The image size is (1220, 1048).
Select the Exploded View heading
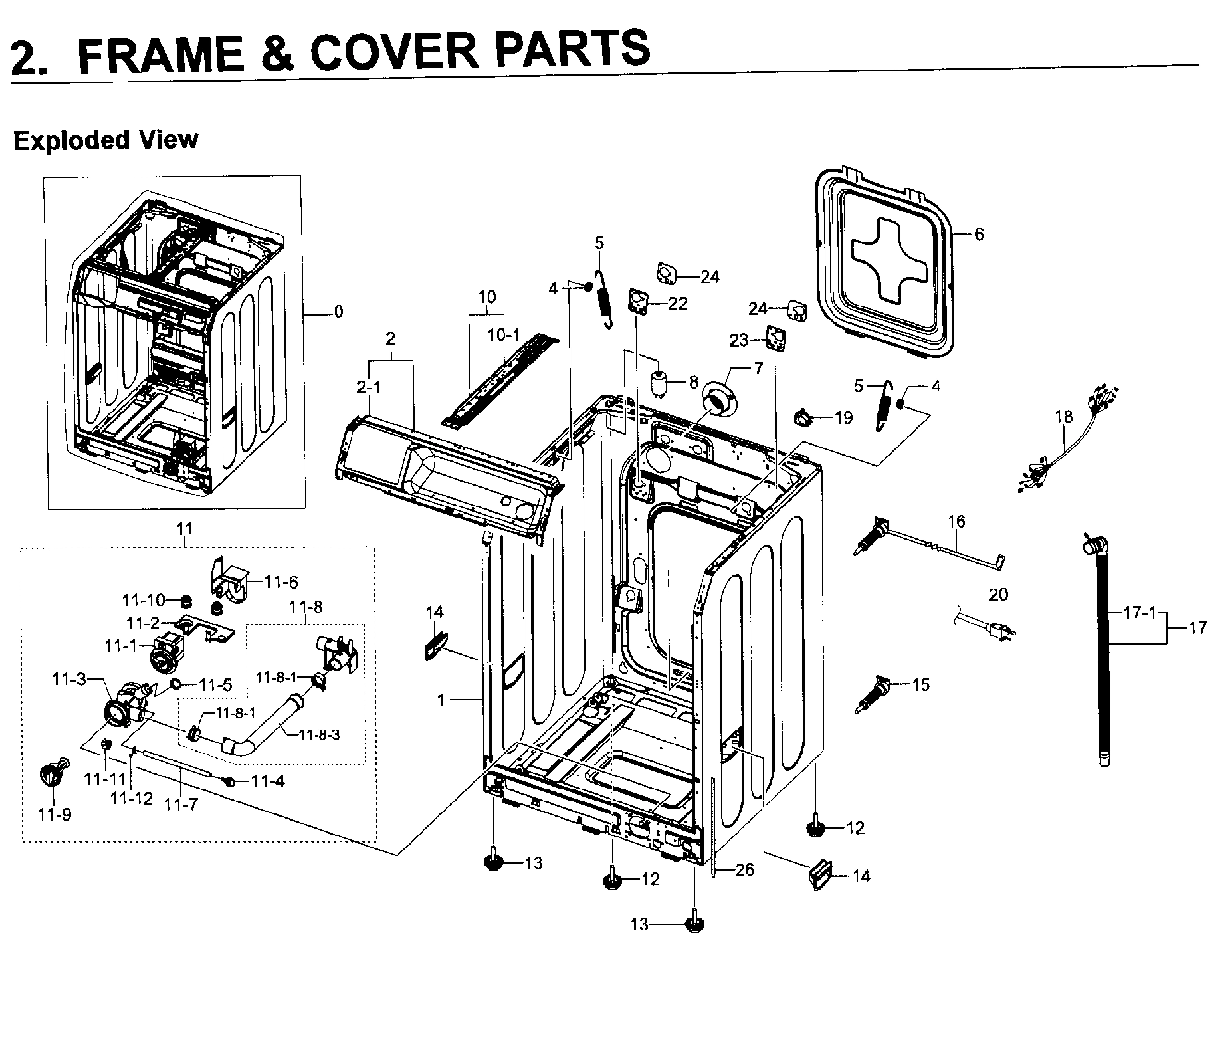106,141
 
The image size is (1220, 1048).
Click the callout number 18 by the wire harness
1063,417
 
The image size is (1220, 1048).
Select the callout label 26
744,870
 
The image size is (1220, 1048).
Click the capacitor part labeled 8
659,383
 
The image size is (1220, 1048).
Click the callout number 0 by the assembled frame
339,311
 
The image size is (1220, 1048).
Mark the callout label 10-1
504,335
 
